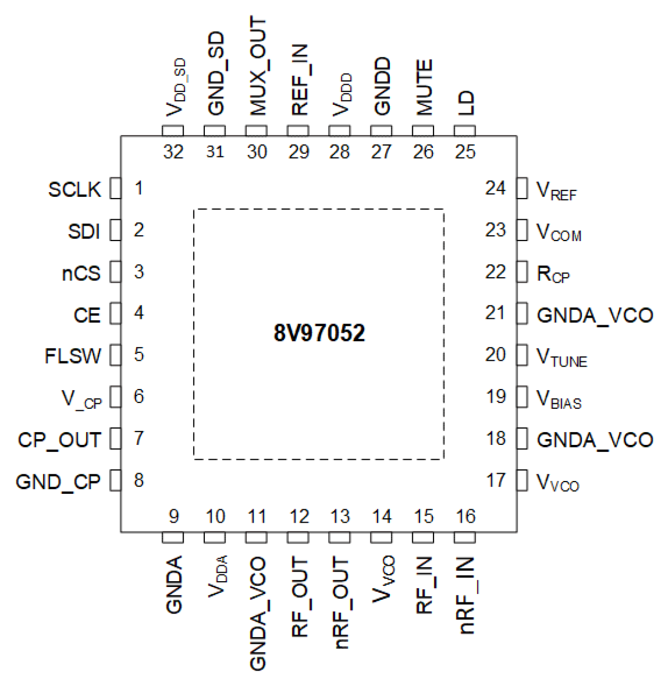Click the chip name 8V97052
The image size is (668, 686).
(x=319, y=333)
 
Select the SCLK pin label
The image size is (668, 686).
(x=74, y=189)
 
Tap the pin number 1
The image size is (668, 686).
(x=139, y=188)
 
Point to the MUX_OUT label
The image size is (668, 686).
(x=258, y=65)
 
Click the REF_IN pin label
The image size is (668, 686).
(x=300, y=80)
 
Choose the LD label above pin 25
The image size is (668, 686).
(x=466, y=103)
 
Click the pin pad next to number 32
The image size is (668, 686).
(x=173, y=131)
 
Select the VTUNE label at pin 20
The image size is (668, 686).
(x=562, y=357)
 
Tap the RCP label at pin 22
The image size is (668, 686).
(x=553, y=274)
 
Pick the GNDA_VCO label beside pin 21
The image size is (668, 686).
(x=595, y=315)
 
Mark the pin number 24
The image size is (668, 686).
(x=495, y=188)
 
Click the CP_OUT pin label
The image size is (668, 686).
(x=59, y=440)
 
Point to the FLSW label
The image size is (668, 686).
(x=72, y=356)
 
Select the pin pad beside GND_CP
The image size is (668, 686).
(x=115, y=481)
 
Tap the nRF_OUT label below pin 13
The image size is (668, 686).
(x=341, y=602)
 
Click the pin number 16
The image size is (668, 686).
(x=465, y=516)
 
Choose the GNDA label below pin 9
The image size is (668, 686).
(x=174, y=584)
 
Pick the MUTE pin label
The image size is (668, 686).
(x=424, y=87)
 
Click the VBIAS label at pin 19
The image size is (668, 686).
(x=559, y=399)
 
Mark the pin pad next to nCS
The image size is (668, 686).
(x=115, y=272)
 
